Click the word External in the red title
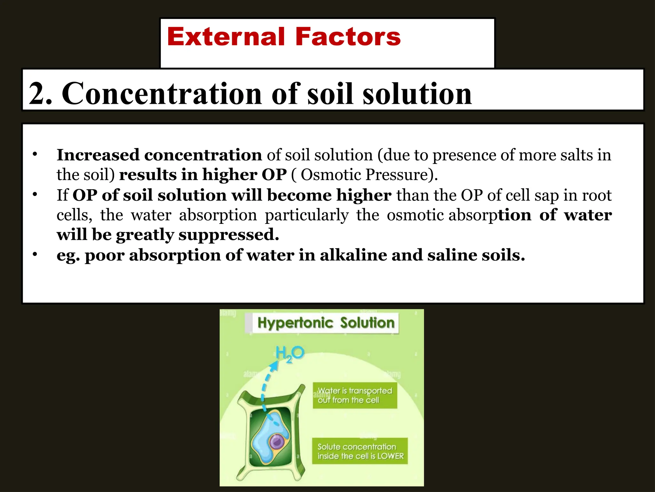(225, 37)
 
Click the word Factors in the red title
(348, 37)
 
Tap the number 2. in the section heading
(40, 94)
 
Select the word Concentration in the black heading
(162, 94)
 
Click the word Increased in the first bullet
(98, 155)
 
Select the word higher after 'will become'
(364, 195)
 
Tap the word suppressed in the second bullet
(229, 234)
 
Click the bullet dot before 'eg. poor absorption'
(35, 255)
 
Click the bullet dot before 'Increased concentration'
(35, 154)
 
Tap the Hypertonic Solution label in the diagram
(326, 323)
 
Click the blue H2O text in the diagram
(290, 354)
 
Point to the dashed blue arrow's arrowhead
(274, 365)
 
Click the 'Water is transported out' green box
(355, 395)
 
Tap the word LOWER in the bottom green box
(391, 456)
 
